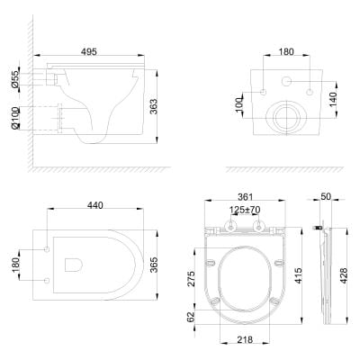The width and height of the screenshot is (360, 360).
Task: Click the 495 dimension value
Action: (x=89, y=52)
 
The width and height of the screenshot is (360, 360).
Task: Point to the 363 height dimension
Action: (x=154, y=106)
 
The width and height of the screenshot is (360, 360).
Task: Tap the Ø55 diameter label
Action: (x=14, y=79)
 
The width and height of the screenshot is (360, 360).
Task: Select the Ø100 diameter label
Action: (x=14, y=119)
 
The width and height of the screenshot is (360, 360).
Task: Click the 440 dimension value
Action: (x=95, y=205)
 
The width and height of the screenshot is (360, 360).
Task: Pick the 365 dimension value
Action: (x=154, y=265)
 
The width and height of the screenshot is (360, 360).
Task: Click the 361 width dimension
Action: (x=246, y=197)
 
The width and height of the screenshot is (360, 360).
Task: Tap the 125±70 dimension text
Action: (x=245, y=210)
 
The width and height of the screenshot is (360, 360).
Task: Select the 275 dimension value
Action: (x=191, y=279)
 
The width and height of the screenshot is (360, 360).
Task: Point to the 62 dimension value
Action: (x=191, y=317)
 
